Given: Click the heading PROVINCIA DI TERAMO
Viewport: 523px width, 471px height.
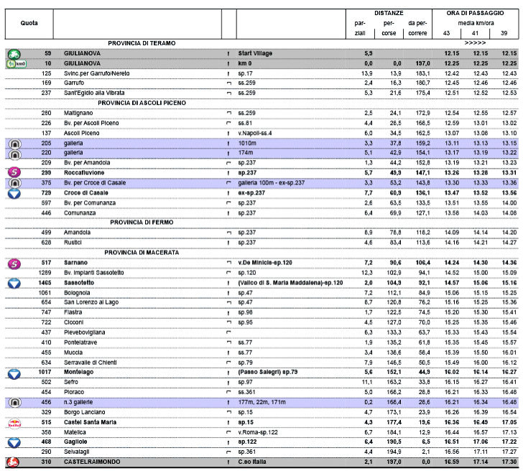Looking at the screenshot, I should pyautogui.click(x=142, y=43).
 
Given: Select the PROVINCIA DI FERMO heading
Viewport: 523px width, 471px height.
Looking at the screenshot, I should pyautogui.click(x=142, y=222).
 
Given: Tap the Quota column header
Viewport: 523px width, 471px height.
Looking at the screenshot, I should pyautogui.click(x=29, y=23).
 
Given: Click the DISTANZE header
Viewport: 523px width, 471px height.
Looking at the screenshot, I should pyautogui.click(x=389, y=13).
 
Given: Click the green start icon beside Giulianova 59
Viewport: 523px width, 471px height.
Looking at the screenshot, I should pyautogui.click(x=14, y=54).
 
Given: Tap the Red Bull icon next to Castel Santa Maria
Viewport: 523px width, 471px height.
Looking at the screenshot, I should pyautogui.click(x=14, y=424).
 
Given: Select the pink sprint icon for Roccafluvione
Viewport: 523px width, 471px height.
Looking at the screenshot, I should pyautogui.click(x=14, y=173).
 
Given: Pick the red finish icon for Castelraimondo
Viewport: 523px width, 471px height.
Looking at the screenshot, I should pyautogui.click(x=14, y=462).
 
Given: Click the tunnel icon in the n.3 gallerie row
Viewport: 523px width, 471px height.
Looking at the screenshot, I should pyautogui.click(x=14, y=403).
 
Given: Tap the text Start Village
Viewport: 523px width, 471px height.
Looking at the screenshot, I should pyautogui.click(x=257, y=54).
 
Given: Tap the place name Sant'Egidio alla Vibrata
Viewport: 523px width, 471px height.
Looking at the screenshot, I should pyautogui.click(x=94, y=93).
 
